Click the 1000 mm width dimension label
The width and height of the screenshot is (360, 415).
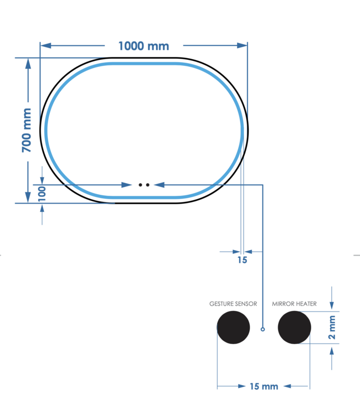click(143, 46)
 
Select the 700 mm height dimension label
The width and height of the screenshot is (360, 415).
click(27, 131)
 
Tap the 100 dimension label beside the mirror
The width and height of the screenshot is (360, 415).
click(42, 193)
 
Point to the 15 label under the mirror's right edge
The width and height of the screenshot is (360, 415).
click(242, 260)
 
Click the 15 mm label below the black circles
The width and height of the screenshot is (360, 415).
click(263, 386)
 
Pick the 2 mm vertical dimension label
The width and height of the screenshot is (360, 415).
click(332, 328)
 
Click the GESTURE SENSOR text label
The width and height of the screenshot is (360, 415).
click(233, 304)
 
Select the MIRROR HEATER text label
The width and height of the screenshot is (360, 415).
click(294, 304)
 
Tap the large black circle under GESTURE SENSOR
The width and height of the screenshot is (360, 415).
click(233, 328)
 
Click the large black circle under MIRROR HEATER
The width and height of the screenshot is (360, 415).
click(294, 328)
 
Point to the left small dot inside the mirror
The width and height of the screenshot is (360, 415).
click(141, 184)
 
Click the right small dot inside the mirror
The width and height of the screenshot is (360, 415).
click(148, 184)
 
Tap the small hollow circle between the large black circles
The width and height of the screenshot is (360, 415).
click(263, 329)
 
